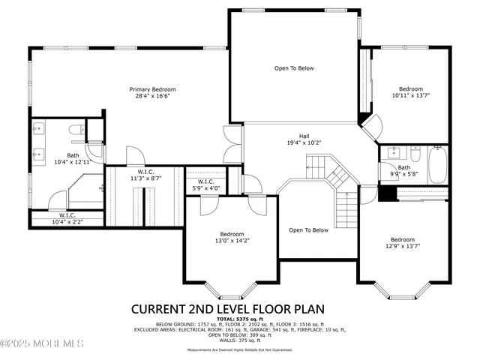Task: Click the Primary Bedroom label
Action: tap(148, 89)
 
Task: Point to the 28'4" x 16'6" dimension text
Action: tap(148, 97)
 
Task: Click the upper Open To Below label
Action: tap(293, 68)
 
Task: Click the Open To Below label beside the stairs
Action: tap(308, 230)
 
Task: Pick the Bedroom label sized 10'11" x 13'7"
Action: tap(410, 88)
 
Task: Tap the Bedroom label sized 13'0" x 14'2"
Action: tap(232, 233)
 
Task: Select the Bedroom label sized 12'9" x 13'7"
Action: tap(403, 240)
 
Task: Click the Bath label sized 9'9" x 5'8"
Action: tap(404, 167)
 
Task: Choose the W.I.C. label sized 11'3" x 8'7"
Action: tap(145, 172)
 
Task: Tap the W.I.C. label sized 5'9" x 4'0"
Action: tap(207, 181)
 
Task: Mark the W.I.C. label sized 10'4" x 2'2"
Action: tap(67, 215)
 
